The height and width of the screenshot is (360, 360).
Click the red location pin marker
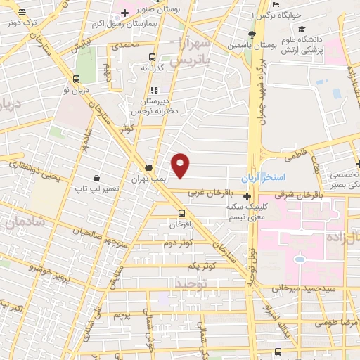(x=181, y=165)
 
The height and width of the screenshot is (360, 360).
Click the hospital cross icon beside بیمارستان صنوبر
(x=124, y=13)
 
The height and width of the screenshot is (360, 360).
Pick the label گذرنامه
(x=152, y=68)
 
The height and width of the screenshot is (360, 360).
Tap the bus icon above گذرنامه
(x=152, y=58)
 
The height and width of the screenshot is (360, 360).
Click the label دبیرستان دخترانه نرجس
(x=153, y=106)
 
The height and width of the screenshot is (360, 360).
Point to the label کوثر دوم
(x=179, y=243)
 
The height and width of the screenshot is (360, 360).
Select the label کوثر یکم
(x=201, y=266)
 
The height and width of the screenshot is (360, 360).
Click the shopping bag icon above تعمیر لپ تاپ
(x=96, y=179)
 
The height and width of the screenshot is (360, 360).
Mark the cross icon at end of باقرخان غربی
(x=246, y=195)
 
